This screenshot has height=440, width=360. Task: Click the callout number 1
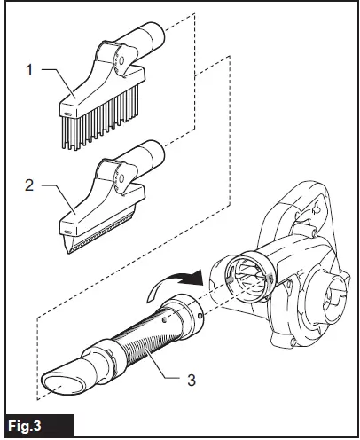click(x=31, y=69)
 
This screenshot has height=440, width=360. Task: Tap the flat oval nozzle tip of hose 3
click(x=60, y=382)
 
